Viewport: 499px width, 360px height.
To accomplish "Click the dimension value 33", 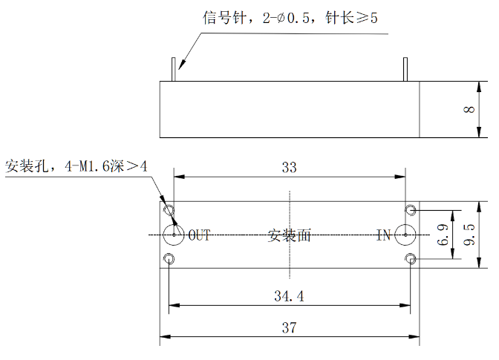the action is (289, 167).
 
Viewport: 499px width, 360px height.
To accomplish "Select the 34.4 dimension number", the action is (289, 296).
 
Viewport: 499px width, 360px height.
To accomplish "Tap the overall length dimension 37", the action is (289, 328).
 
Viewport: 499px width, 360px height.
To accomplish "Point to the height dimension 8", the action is (469, 109).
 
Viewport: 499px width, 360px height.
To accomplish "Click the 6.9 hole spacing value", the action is (443, 235).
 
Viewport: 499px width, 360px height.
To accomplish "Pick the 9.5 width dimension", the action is (469, 235).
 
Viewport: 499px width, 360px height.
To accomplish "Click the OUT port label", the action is (199, 235).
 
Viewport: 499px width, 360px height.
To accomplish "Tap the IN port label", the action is (383, 235).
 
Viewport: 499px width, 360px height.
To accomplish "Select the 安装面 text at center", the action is (289, 235).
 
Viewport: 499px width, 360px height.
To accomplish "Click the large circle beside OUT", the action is (163, 235).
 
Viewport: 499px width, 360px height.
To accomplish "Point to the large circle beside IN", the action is (395, 235).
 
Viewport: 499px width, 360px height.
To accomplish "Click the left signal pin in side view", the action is (174, 69).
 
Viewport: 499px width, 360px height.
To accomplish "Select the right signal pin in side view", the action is (405, 69).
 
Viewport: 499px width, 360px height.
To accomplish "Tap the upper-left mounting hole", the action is (165, 210).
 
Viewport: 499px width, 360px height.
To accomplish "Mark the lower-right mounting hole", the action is (407, 259).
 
